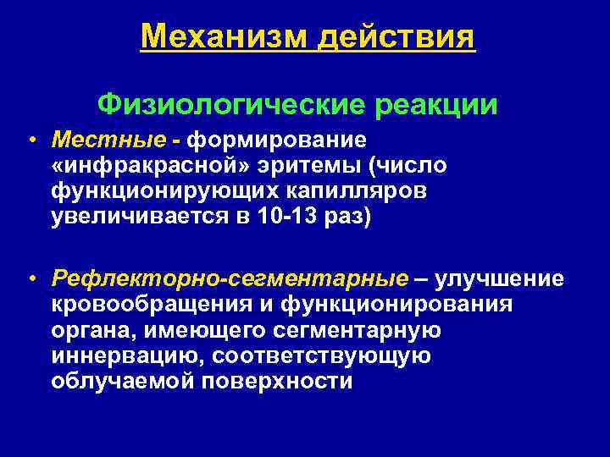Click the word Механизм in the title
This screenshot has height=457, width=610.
[x=219, y=36]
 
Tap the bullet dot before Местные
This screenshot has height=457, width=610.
[x=30, y=139]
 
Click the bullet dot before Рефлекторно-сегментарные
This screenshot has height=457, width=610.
[x=30, y=279]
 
